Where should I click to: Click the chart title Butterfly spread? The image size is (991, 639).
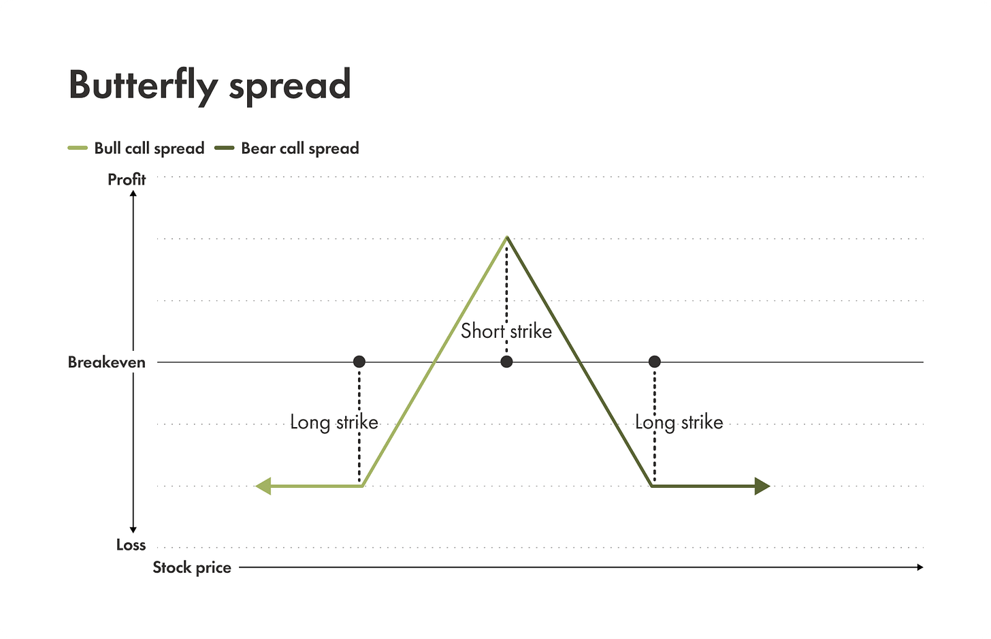210,85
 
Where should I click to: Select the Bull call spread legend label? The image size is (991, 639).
149,149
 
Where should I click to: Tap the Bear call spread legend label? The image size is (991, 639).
300,149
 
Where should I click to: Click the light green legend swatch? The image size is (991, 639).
78,148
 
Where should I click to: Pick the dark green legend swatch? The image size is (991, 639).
225,148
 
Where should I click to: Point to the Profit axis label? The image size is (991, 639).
127,179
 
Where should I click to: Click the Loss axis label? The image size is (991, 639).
131,545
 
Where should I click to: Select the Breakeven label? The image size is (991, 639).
107,362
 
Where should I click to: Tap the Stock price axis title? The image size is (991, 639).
192,567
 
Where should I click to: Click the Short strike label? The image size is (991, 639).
506,331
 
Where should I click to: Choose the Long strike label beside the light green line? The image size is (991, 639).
334,422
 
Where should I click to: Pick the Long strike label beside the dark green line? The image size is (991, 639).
679,422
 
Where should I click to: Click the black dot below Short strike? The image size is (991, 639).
506,362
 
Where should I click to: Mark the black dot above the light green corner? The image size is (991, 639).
359,362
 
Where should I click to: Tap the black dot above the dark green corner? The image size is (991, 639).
654,362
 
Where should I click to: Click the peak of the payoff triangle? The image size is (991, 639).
506,237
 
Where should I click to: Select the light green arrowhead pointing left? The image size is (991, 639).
263,486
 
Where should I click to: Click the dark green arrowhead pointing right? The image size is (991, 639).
762,486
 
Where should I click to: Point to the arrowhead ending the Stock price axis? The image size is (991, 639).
920,567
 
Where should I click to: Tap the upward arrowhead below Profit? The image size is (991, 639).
133,194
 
